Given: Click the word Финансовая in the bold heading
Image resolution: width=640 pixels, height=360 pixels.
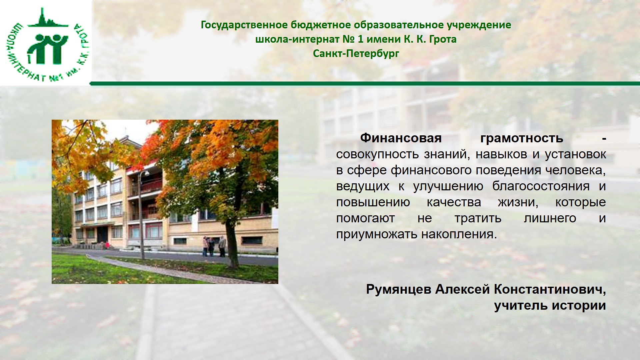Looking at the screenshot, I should click(x=401, y=138).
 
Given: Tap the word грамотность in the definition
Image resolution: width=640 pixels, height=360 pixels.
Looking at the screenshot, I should click(x=522, y=138).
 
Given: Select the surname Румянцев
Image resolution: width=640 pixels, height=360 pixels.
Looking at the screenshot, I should click(x=399, y=289).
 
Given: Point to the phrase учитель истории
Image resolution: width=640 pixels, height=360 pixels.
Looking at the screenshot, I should click(x=550, y=305).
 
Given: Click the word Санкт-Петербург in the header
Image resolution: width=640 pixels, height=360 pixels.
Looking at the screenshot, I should click(x=356, y=53).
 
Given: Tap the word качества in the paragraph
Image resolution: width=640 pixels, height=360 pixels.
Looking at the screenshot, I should click(x=454, y=202).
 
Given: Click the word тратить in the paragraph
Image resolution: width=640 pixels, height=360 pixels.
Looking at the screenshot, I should click(x=478, y=218).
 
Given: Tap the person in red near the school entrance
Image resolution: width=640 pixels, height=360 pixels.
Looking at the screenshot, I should click(x=107, y=245).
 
